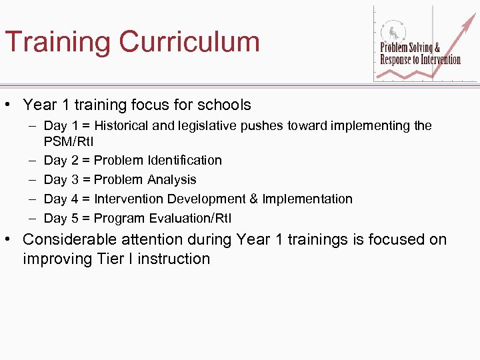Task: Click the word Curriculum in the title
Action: click(x=189, y=41)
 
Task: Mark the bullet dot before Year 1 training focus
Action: click(x=10, y=105)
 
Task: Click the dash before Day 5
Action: click(x=32, y=218)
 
